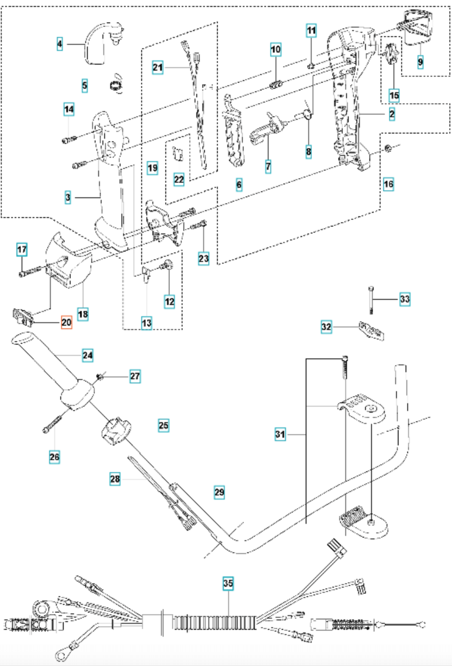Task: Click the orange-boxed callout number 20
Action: coord(66,322)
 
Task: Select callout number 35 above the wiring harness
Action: coord(228,583)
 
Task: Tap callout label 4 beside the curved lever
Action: coord(60,44)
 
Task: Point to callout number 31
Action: coord(280,434)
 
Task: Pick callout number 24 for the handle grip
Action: coord(87,355)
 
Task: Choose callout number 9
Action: coord(420,62)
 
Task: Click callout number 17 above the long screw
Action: coord(22,249)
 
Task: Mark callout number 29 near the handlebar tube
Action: coord(219,492)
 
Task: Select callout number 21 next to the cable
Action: coord(158,68)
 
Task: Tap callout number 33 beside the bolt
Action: coord(405,299)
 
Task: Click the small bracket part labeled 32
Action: coord(372,330)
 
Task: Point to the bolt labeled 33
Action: coord(371,300)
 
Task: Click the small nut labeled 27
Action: coord(100,377)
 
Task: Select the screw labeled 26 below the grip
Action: coord(53,423)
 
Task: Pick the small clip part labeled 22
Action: coord(179,153)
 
